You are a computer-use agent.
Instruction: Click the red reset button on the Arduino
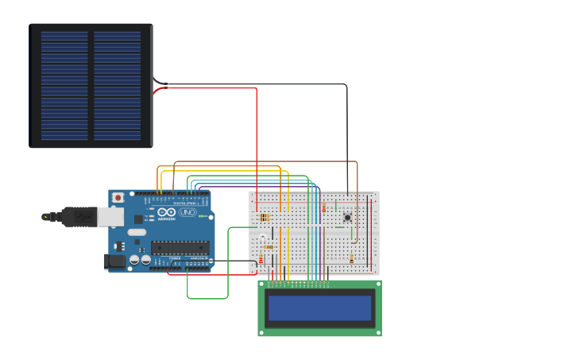tap(118, 197)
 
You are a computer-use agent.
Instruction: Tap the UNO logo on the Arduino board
tap(187, 213)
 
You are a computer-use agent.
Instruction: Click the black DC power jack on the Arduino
tap(116, 260)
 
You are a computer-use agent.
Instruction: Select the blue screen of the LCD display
tap(319, 308)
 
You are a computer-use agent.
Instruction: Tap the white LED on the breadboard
tap(263, 236)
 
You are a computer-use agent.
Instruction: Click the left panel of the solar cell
tap(64, 86)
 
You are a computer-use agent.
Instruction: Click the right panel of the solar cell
tap(118, 86)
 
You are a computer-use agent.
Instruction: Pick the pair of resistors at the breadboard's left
tap(265, 217)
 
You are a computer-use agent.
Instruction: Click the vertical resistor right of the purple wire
tap(323, 208)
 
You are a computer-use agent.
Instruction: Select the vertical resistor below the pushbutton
tap(352, 258)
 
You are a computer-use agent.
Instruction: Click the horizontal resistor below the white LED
tap(269, 247)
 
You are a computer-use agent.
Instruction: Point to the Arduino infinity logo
tap(165, 213)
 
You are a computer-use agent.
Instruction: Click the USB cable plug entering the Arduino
tap(79, 215)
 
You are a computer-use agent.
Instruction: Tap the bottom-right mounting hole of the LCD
tap(377, 332)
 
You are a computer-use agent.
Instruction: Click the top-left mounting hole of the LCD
tap(262, 284)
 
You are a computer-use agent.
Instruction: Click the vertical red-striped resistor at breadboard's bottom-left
tap(261, 260)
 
